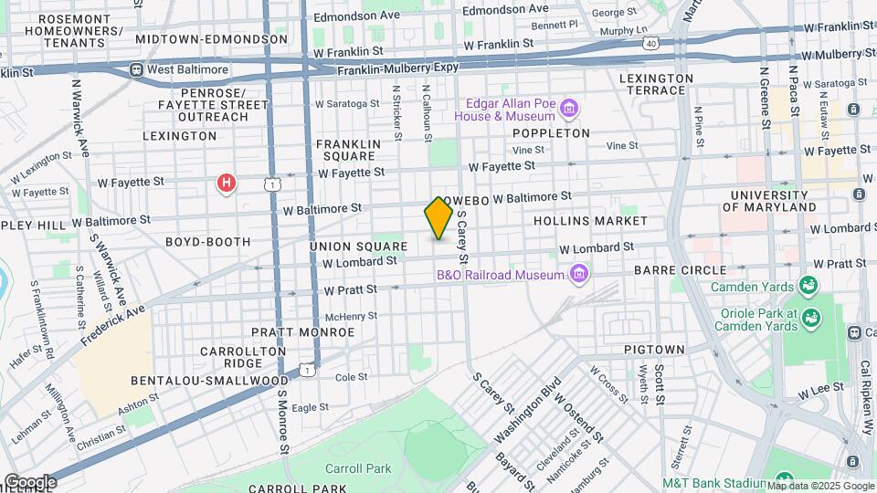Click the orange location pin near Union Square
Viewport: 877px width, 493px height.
click(x=438, y=218)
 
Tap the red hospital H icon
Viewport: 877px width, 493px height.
click(x=227, y=184)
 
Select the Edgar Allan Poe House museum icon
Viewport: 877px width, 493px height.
click(x=569, y=110)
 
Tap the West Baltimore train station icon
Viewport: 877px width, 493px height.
click(x=136, y=69)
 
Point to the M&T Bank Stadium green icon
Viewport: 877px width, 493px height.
click(x=782, y=481)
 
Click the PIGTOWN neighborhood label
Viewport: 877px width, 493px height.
click(x=654, y=350)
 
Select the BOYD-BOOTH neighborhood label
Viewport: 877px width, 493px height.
click(x=207, y=242)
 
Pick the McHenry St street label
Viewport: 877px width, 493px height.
click(x=351, y=316)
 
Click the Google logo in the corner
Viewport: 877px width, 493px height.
click(x=31, y=481)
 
